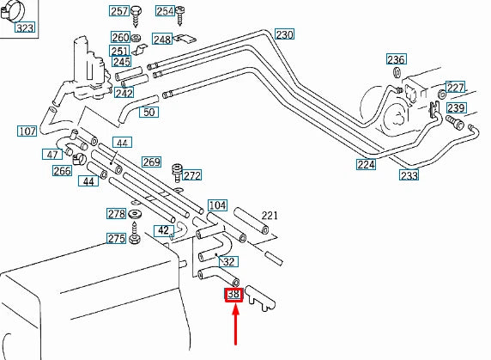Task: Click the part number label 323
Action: point(26,28)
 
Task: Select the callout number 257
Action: point(118,11)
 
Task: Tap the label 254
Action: point(165,11)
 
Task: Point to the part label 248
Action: point(161,40)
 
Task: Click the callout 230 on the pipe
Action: point(284,35)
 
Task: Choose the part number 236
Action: point(395,60)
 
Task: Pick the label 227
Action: point(455,88)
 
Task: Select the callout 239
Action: point(455,108)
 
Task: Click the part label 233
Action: point(409,175)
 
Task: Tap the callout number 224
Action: point(367,164)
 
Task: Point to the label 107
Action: point(27,131)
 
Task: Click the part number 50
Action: point(149,113)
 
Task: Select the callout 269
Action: point(151,162)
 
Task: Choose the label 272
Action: point(191,176)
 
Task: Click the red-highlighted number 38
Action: point(233,295)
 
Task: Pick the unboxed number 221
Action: point(270,215)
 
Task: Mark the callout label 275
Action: point(116,239)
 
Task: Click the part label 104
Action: point(218,205)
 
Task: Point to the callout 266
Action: point(62,171)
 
